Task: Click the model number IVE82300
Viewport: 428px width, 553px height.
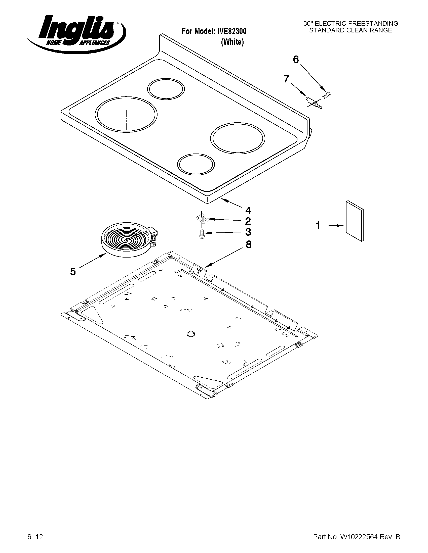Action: point(231,31)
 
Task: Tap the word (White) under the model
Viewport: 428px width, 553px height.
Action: point(232,42)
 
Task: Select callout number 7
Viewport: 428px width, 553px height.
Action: point(286,79)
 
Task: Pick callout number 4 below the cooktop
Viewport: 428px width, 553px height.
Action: point(248,210)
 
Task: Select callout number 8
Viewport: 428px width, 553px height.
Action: point(248,245)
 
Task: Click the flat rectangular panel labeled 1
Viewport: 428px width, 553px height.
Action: point(355,221)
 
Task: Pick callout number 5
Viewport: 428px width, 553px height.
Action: point(73,272)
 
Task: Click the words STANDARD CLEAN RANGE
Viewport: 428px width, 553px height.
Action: point(351,30)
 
